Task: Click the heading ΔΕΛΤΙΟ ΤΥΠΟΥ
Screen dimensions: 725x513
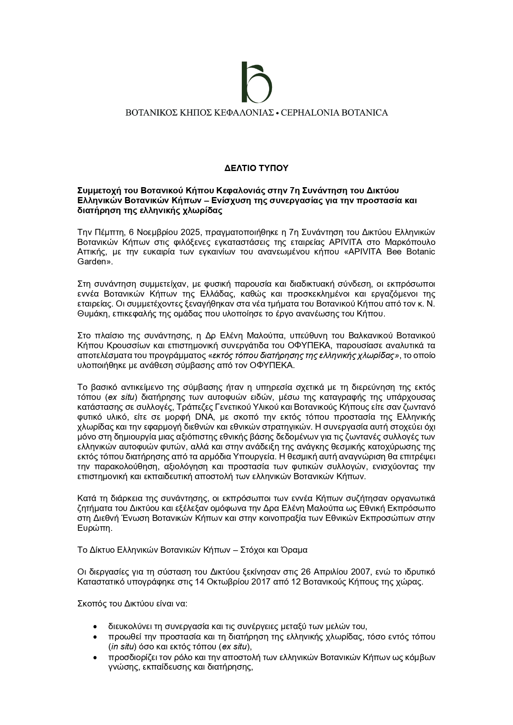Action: click(x=256, y=169)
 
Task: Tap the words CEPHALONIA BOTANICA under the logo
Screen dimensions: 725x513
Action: click(x=334, y=112)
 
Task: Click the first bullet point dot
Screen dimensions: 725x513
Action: click(x=96, y=626)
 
